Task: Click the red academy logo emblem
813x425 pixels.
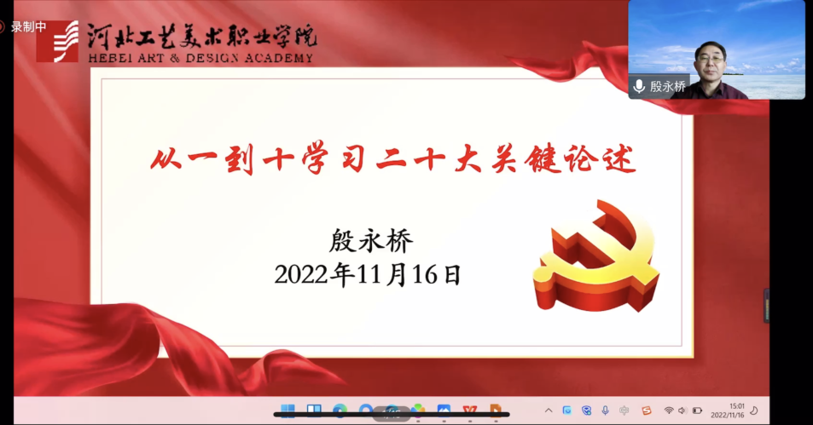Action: [x=57, y=42]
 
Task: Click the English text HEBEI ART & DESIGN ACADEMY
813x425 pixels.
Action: [x=200, y=58]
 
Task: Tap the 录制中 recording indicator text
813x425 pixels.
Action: [x=28, y=27]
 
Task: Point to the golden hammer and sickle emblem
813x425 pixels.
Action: [x=596, y=256]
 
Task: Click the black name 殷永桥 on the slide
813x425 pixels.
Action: [x=371, y=241]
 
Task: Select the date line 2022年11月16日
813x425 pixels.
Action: [x=368, y=274]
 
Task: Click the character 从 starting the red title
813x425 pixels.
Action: [x=166, y=158]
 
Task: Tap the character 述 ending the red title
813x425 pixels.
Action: [x=619, y=159]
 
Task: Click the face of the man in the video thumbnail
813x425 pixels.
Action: [x=711, y=60]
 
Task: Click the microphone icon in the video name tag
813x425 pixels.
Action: [x=639, y=87]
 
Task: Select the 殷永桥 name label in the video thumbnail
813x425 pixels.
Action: [x=667, y=87]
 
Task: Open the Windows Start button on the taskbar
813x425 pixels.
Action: [x=287, y=410]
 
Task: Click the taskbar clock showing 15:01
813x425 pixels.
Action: [x=737, y=406]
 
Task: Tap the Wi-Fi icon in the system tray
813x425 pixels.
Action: [x=669, y=411]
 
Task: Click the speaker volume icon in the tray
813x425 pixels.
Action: [x=682, y=411]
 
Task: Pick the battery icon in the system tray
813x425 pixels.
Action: [x=697, y=411]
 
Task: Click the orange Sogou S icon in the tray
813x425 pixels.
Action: [x=646, y=411]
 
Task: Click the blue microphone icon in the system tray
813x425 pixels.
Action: [x=605, y=411]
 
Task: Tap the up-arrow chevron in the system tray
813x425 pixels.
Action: [x=549, y=411]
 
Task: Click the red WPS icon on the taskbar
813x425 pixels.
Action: [x=470, y=411]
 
